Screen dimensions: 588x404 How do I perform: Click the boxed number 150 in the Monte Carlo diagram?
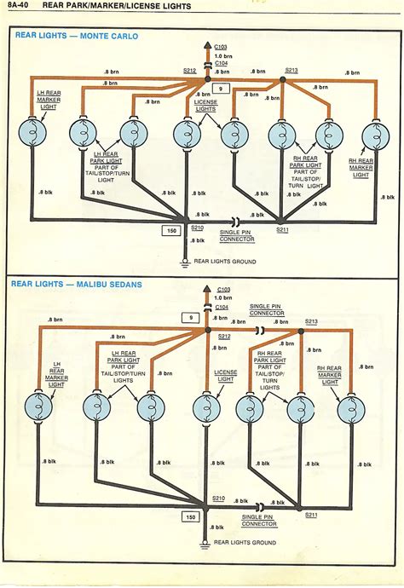click(173, 229)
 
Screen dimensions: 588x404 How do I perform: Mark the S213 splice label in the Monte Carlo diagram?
click(291, 71)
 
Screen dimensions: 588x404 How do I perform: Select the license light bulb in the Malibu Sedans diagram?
click(205, 408)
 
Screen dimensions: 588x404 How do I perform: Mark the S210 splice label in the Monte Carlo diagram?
click(197, 228)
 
